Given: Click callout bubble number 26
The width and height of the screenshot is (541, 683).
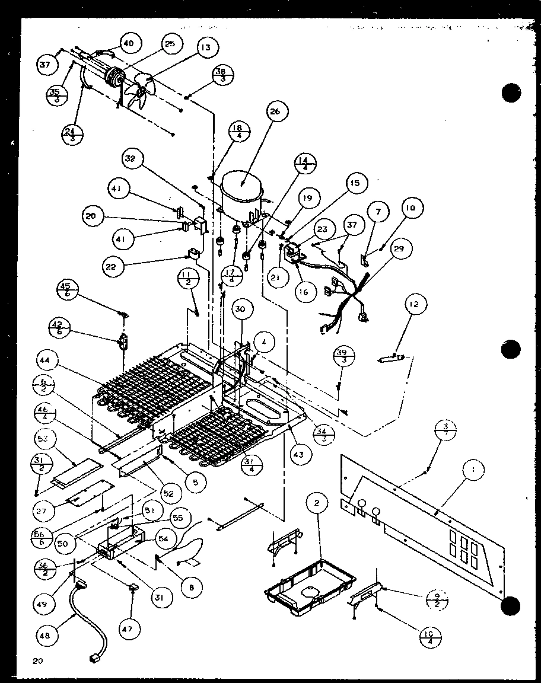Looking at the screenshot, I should [x=278, y=111].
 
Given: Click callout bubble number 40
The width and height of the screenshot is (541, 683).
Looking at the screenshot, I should [x=129, y=43].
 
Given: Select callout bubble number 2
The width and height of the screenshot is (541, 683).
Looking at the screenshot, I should [x=317, y=504].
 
